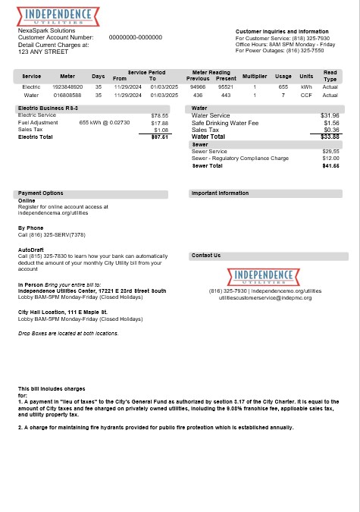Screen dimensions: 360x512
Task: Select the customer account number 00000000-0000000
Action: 136,37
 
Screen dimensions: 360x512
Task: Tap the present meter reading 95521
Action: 226,87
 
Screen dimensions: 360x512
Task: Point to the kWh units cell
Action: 306,87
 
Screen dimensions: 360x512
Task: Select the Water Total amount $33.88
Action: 330,137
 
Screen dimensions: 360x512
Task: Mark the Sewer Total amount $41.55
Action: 330,165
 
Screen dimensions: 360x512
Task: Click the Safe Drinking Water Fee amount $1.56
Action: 331,123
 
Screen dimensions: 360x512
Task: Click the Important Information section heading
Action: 220,193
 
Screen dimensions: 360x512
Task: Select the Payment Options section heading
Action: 41,193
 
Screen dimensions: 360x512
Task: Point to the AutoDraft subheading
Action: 30,249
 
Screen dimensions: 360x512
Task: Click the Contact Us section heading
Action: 207,256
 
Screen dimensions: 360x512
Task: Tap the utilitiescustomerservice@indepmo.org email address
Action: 265,298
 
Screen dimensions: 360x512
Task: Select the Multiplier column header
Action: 255,77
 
